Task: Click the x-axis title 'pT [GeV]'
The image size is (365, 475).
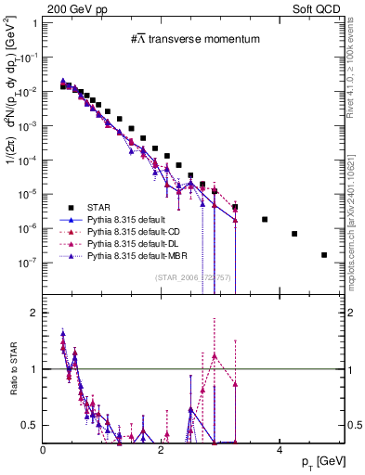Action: tap(324, 461)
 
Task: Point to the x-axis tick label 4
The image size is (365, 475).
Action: tap(280, 449)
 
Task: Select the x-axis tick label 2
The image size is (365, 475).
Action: tap(162, 449)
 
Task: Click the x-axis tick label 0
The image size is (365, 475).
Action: tap(44, 449)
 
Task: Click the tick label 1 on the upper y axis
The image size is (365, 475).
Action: tap(35, 22)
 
